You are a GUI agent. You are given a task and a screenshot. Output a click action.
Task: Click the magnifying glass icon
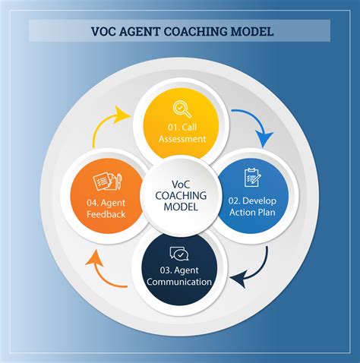[182, 109]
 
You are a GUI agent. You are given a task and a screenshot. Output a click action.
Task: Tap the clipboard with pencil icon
[253, 178]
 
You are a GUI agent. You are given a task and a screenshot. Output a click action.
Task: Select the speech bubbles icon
[179, 254]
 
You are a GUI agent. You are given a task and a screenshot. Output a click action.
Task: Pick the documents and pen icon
[108, 181]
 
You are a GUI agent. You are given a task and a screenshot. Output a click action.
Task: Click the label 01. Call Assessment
[182, 133]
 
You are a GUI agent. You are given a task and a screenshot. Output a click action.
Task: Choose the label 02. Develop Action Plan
[252, 207]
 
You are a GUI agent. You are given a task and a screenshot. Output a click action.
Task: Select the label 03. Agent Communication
[179, 276]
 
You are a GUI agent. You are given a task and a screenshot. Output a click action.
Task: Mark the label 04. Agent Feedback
[106, 209]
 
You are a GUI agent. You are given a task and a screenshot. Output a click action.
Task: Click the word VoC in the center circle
[181, 185]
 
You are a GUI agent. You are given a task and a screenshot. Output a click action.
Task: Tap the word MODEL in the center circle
[181, 207]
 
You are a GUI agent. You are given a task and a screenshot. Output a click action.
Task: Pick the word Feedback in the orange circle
[106, 214]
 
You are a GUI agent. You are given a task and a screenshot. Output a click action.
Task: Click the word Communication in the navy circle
[179, 282]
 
